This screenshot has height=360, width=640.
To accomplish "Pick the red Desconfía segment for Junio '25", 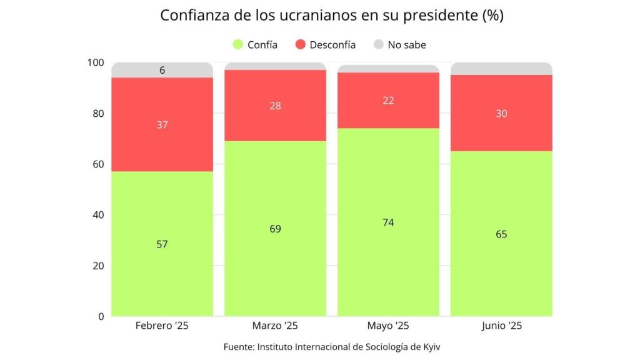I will point(501,131).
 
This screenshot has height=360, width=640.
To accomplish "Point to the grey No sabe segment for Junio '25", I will point(501,69).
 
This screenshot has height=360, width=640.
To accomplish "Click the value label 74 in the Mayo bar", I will point(388,222).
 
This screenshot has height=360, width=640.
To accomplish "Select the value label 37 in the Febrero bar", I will point(162,125).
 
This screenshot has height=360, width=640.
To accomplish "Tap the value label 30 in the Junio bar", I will point(501,113).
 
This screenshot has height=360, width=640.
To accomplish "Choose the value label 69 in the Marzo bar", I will point(275,229).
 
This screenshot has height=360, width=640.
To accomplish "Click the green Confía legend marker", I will point(237,44).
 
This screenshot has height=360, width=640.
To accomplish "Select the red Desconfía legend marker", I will point(300,44).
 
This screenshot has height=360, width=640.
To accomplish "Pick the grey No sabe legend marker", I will point(378,44).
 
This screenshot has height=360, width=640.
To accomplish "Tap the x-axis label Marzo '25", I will point(275,326).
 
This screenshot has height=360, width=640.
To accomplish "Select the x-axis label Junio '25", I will point(501,326).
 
